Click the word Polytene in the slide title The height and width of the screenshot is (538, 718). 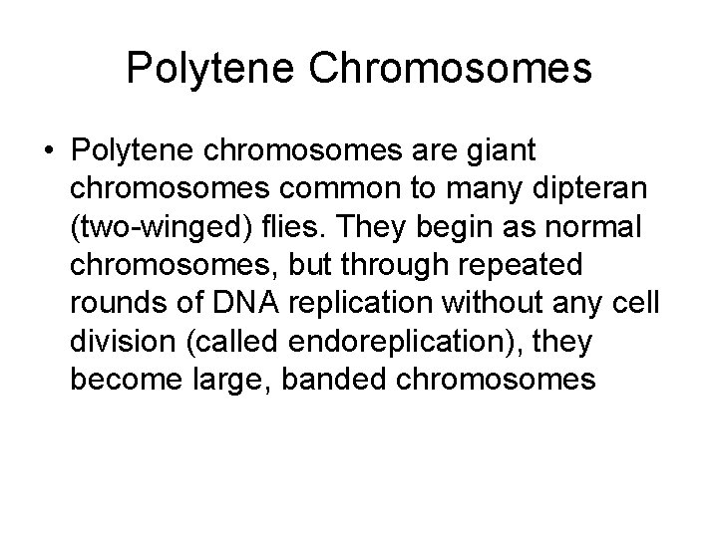pos(199,69)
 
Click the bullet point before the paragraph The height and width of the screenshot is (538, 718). pos(48,152)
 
